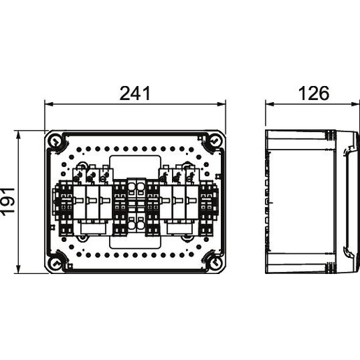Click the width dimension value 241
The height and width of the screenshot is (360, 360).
click(x=135, y=93)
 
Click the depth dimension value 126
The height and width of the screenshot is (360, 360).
click(x=314, y=93)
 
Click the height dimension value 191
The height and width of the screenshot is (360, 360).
click(x=8, y=200)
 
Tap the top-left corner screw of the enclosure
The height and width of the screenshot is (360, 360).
click(x=55, y=141)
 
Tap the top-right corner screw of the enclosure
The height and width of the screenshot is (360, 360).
click(x=214, y=141)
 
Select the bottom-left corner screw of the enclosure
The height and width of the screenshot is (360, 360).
click(x=55, y=263)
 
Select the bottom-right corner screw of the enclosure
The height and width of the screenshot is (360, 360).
click(x=214, y=263)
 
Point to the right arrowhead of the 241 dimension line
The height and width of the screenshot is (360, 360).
click(x=221, y=103)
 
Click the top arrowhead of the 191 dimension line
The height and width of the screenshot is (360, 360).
click(x=18, y=136)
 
